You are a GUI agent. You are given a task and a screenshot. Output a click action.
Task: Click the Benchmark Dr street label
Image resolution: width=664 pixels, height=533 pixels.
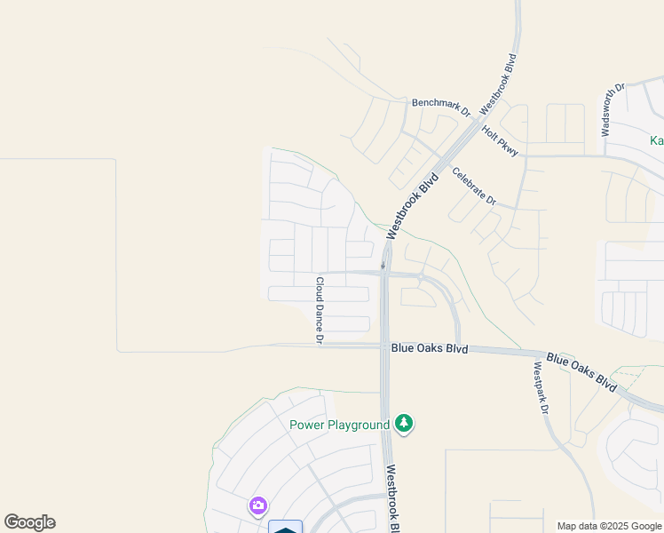point(439,107)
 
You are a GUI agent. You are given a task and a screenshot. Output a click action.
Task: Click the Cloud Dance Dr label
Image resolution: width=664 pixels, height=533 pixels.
point(320,310)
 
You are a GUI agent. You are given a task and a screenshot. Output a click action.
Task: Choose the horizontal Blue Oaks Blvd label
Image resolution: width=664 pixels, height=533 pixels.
point(429,349)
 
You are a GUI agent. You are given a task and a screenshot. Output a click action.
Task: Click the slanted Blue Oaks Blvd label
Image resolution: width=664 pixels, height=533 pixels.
point(581,372)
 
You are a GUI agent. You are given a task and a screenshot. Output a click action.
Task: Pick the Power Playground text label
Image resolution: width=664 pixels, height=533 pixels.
point(340,425)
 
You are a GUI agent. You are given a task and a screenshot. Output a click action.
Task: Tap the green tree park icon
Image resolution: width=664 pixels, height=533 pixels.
point(405,423)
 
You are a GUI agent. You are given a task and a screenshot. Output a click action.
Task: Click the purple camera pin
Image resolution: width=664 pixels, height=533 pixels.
point(257,506)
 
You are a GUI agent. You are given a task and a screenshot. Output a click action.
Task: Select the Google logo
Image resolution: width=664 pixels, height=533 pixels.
point(29,522)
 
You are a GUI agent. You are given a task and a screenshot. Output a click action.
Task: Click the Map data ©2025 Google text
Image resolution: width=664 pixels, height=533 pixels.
point(609,526)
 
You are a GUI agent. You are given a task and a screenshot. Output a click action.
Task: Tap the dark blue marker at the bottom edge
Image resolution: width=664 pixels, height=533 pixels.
point(285,528)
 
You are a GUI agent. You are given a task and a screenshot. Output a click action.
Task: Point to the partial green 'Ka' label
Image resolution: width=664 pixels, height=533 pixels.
point(656,140)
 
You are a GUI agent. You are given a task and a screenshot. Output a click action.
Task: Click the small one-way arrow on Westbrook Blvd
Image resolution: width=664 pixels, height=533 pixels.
point(383,264)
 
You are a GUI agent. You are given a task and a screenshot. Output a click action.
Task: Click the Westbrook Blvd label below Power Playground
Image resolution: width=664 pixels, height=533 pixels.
point(394,498)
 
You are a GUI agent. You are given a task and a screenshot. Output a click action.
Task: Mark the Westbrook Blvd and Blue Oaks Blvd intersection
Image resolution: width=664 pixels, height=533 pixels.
point(384,348)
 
